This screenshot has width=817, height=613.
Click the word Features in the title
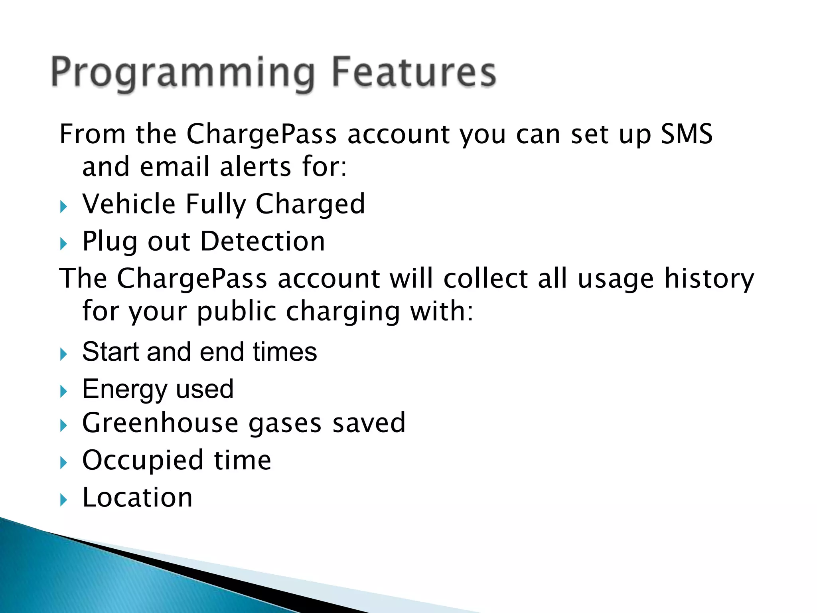[x=414, y=73]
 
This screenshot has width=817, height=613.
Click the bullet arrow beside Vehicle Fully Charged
[x=63, y=207]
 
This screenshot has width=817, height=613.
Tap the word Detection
[x=262, y=241]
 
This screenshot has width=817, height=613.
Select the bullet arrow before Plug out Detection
[x=63, y=244]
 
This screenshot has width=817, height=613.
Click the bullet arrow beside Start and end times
[x=63, y=354]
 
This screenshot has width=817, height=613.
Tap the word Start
[x=110, y=352]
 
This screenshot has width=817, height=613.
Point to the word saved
[x=369, y=423]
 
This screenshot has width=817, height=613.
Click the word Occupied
[x=143, y=461]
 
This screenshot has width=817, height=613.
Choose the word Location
[x=137, y=498]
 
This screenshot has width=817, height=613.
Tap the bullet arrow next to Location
[x=63, y=500]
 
